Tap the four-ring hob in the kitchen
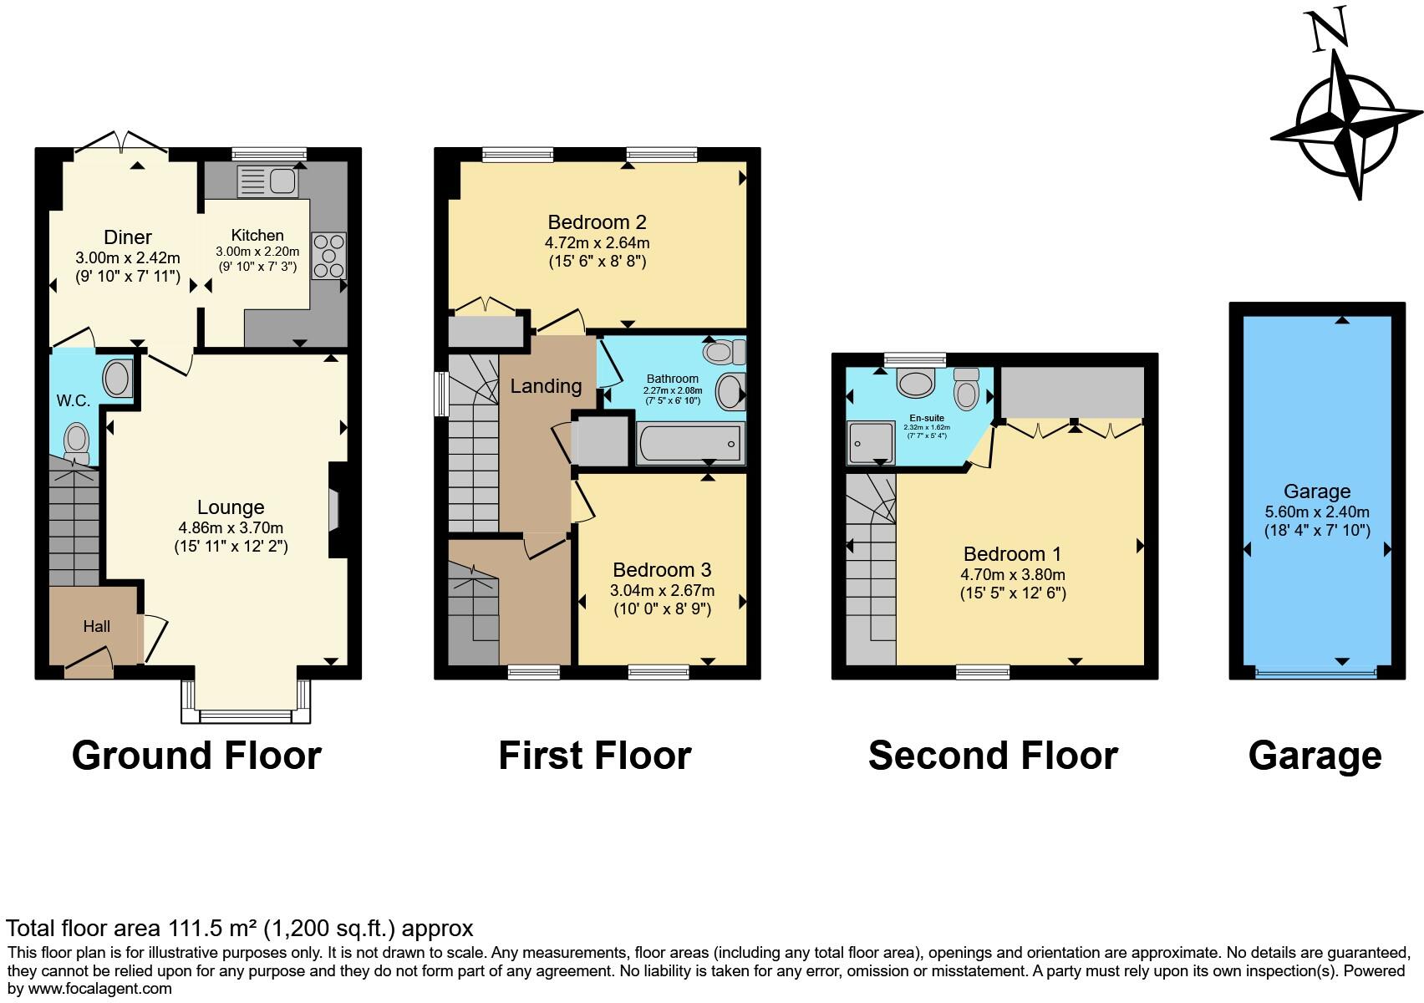[x=328, y=256]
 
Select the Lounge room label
[x=231, y=507]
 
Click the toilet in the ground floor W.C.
[x=77, y=439]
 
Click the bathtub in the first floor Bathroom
[x=690, y=443]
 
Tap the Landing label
[x=546, y=386]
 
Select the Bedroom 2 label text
[x=597, y=222]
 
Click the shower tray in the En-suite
[x=871, y=441]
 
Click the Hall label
[x=96, y=627]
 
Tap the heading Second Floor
[x=993, y=756]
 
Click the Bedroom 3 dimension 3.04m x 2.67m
[x=662, y=590]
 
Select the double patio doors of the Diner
[x=121, y=144]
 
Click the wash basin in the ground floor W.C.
[x=117, y=379]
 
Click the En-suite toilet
[x=966, y=390]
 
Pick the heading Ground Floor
[x=196, y=756]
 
